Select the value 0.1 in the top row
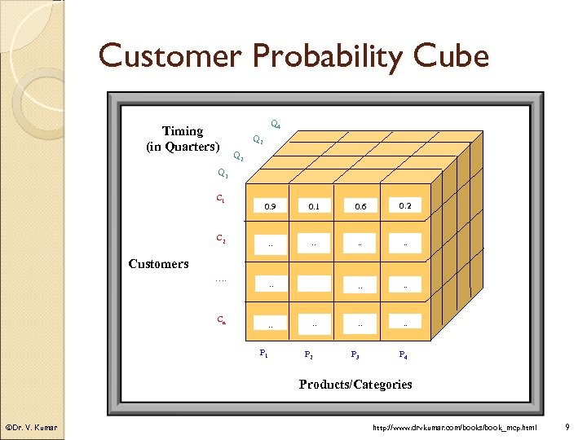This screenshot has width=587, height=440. click(x=314, y=207)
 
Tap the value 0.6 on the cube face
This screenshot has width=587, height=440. click(x=360, y=207)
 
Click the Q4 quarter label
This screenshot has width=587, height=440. click(x=276, y=125)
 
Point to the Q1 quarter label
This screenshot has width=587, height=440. click(x=223, y=173)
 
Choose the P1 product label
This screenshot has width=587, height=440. click(x=263, y=353)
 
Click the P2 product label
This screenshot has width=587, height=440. click(x=308, y=354)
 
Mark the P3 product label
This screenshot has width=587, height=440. click(x=355, y=354)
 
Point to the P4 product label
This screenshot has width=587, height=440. click(x=403, y=354)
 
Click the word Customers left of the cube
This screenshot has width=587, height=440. click(x=159, y=263)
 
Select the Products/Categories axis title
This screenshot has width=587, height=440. click(x=355, y=384)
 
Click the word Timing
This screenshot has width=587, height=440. click(x=183, y=131)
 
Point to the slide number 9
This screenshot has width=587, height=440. click(x=567, y=427)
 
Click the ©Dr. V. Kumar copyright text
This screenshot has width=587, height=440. click(x=31, y=427)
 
